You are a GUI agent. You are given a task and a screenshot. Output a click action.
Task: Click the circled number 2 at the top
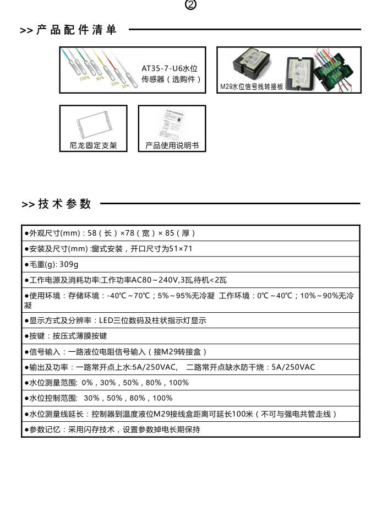coord(191,5)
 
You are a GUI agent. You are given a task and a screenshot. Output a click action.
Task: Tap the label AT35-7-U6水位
coord(170,68)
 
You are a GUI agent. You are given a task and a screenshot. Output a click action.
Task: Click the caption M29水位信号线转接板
coord(251,86)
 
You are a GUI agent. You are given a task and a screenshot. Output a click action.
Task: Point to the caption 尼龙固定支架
coord(94,146)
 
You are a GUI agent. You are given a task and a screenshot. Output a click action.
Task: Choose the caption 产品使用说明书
coord(172,146)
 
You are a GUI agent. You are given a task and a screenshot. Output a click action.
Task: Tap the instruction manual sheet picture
coord(172,125)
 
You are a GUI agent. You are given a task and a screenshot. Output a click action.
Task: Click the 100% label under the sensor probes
coord(84,78)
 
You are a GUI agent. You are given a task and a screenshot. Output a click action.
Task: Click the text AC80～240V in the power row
coord(152,280)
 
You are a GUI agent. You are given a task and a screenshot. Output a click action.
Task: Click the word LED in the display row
coord(106,320)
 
